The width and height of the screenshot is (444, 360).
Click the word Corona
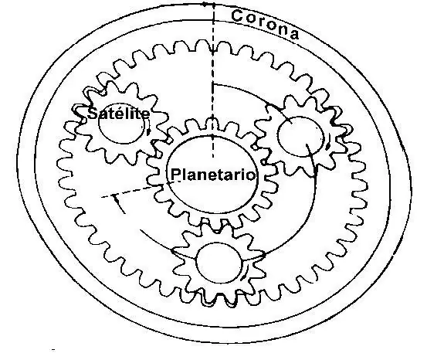(x=265, y=24)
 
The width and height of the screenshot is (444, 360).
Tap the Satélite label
(x=119, y=114)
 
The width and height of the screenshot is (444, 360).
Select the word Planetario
(x=213, y=174)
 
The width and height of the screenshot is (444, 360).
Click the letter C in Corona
(x=238, y=15)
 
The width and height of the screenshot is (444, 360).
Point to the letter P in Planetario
(x=175, y=174)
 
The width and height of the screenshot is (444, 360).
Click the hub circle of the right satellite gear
(x=300, y=137)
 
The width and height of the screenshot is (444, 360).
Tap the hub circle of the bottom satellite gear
(x=219, y=263)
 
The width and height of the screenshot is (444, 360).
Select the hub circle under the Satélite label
(x=121, y=123)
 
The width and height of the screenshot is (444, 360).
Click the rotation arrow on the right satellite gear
(x=328, y=144)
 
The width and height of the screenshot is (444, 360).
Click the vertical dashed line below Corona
(x=213, y=80)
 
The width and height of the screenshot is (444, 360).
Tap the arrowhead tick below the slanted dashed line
(x=118, y=203)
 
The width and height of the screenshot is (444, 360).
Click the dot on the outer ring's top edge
(x=204, y=4)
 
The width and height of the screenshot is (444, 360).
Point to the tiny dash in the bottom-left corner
(x=53, y=350)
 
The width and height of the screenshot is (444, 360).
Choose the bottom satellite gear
(x=219, y=263)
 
